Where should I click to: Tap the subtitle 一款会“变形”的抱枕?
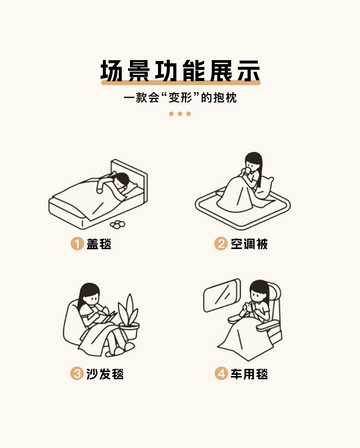click(x=180, y=98)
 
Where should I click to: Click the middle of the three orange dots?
click(x=180, y=114)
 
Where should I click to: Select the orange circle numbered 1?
click(x=77, y=244)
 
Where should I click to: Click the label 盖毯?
click(x=99, y=244)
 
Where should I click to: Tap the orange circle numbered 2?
click(x=221, y=244)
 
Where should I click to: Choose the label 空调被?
click(x=249, y=244)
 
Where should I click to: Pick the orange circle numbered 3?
click(x=77, y=373)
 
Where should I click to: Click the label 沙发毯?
click(x=105, y=374)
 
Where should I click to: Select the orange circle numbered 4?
click(x=221, y=373)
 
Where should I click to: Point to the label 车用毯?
click(x=249, y=374)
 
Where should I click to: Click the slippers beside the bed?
click(x=118, y=224)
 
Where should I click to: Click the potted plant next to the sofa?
click(x=129, y=317)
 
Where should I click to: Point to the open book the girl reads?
click(x=107, y=318)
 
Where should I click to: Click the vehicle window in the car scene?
click(x=222, y=295)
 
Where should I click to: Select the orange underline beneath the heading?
click(x=181, y=82)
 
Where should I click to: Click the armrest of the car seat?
click(x=267, y=326)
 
